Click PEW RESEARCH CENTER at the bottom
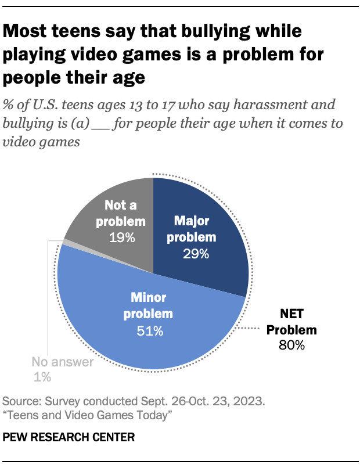click(x=69, y=438)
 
